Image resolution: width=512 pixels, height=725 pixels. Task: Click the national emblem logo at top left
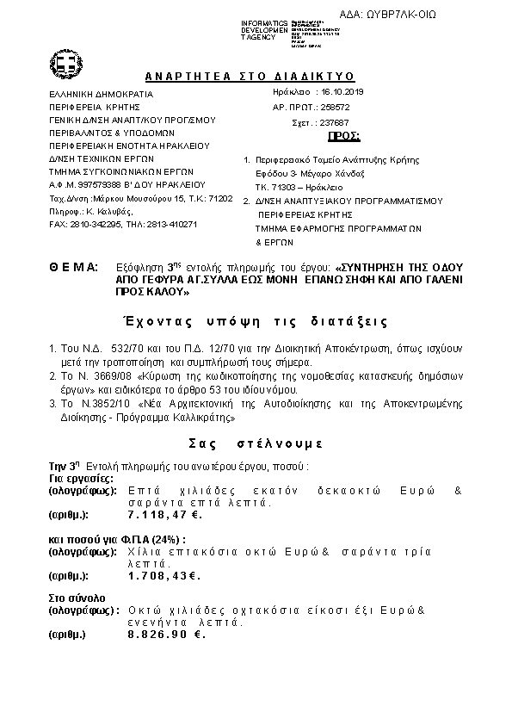(x=65, y=63)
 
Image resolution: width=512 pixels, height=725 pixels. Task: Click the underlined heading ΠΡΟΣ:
(x=345, y=137)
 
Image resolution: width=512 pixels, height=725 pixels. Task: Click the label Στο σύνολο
(x=77, y=596)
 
